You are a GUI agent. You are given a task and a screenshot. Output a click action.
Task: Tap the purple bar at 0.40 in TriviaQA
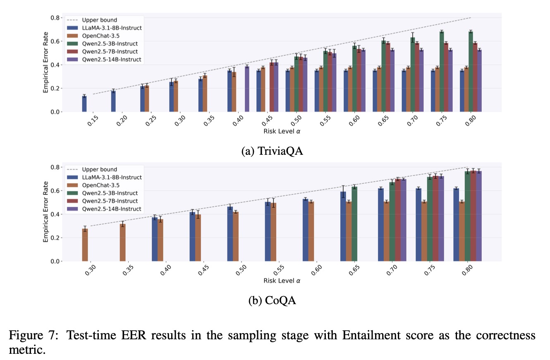click(247, 89)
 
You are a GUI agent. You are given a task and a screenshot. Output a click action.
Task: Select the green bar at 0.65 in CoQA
click(355, 224)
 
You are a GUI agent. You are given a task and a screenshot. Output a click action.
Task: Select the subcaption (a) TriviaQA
click(272, 151)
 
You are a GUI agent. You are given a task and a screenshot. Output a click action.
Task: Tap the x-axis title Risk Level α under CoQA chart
click(282, 281)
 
